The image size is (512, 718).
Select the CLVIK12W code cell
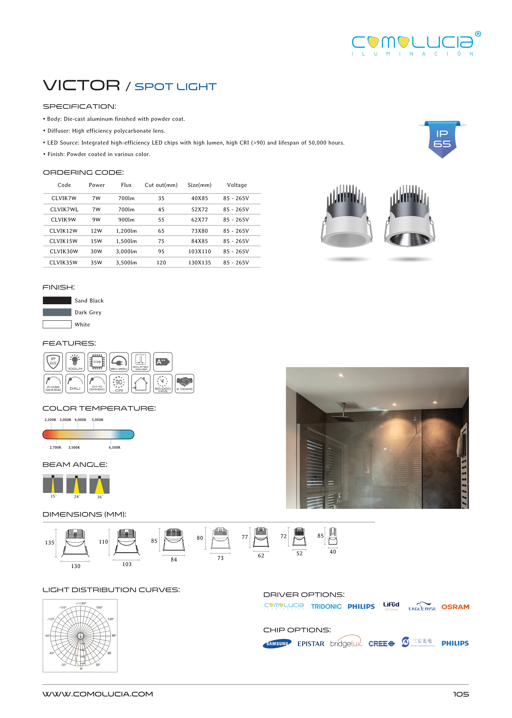(x=64, y=231)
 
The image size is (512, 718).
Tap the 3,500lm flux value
(x=126, y=262)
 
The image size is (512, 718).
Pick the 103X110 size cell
(x=200, y=252)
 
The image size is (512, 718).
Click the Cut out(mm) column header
(x=161, y=185)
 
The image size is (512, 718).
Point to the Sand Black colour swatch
(x=57, y=300)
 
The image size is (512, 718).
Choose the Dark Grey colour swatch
(x=57, y=312)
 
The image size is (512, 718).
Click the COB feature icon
(x=97, y=362)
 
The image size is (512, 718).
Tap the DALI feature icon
(x=75, y=384)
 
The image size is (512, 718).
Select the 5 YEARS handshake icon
(x=185, y=384)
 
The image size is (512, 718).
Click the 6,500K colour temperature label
(x=114, y=447)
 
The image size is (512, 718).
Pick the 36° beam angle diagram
(x=99, y=484)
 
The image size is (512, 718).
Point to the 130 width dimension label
(x=76, y=566)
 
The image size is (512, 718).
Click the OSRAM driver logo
(x=455, y=607)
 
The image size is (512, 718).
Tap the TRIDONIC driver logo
(x=326, y=606)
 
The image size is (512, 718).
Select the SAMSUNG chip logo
(x=277, y=644)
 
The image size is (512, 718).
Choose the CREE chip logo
(x=381, y=644)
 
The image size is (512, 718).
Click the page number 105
(x=461, y=694)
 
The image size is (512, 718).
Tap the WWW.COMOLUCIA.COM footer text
(x=98, y=694)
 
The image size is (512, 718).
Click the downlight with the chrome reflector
(x=410, y=218)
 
